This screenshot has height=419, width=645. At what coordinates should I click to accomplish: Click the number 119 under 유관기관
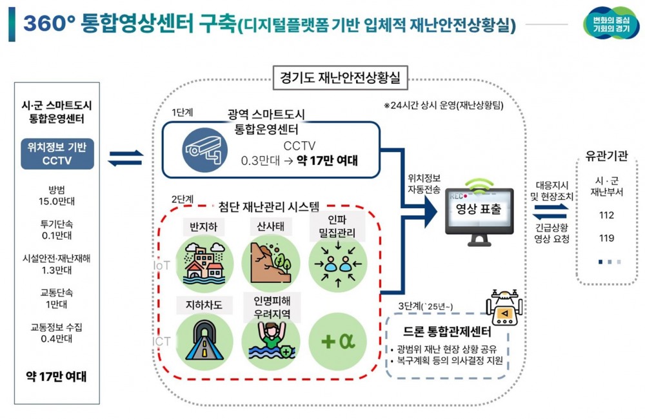(606, 239)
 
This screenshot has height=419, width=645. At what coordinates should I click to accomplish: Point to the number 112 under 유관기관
(606, 215)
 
